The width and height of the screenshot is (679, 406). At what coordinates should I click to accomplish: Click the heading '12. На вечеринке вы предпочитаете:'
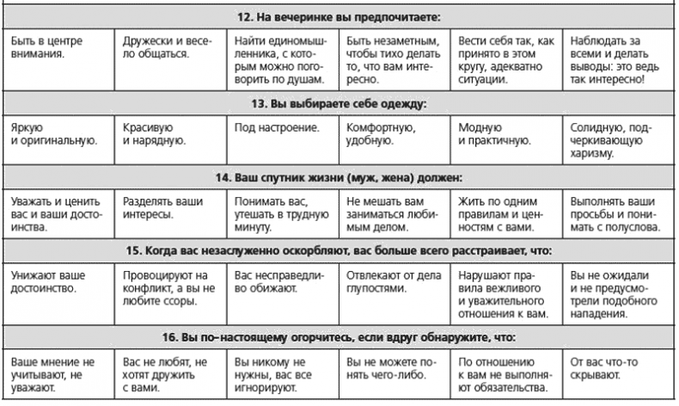click(340, 16)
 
